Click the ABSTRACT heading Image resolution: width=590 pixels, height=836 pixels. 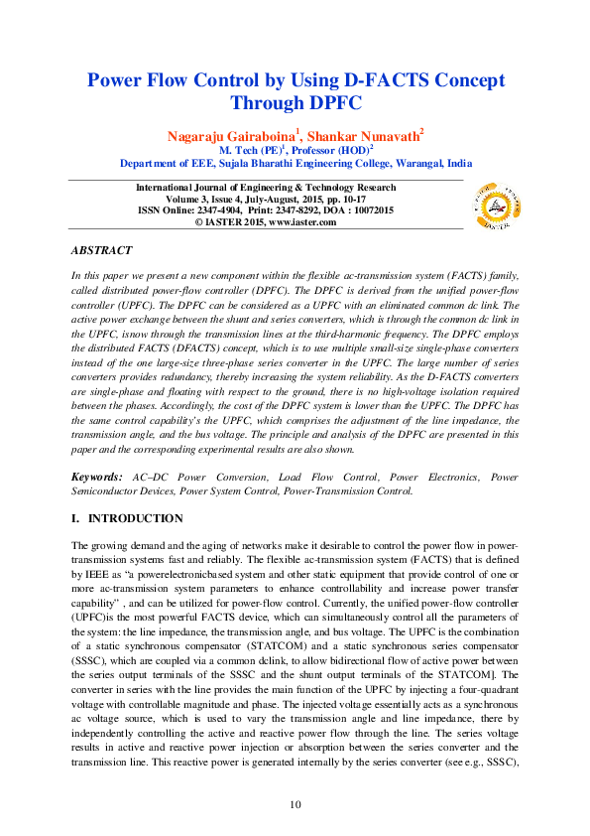pyautogui.click(x=104, y=251)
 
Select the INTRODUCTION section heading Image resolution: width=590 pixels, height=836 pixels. pyautogui.click(x=135, y=518)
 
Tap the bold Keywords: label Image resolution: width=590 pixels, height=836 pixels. pyautogui.click(x=98, y=477)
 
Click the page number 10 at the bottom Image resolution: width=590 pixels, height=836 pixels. pyautogui.click(x=295, y=803)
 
